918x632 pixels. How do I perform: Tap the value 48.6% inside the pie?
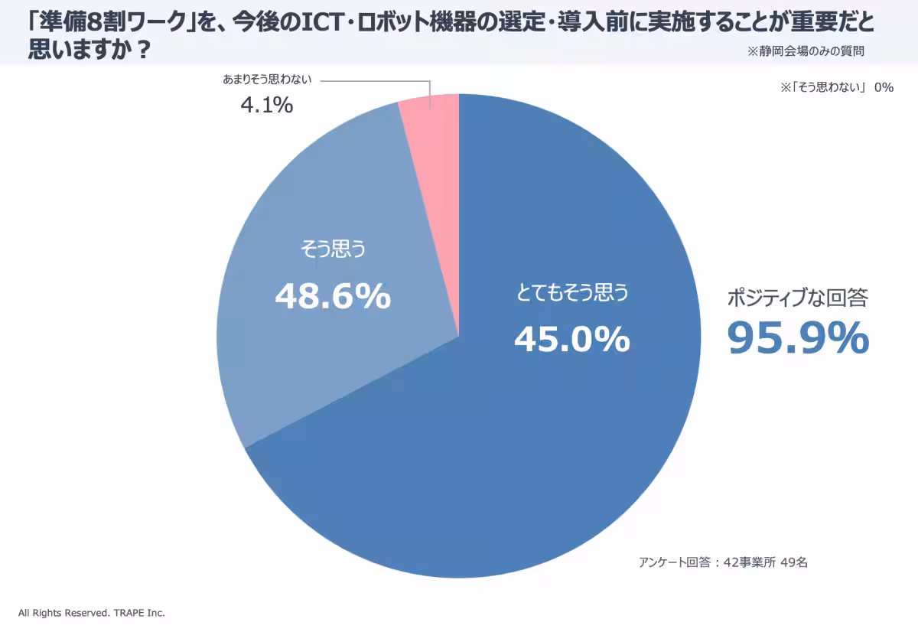tap(333, 296)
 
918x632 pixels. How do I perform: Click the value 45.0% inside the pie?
tap(571, 339)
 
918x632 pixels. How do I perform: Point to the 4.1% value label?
tap(266, 106)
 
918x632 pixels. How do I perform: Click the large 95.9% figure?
tap(797, 337)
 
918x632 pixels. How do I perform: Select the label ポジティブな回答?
tap(797, 298)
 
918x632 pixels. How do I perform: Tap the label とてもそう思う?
tap(572, 292)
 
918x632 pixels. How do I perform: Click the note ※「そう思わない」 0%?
tap(837, 87)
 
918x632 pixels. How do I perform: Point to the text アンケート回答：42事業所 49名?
tap(723, 562)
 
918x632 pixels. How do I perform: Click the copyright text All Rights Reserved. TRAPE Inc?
tap(92, 613)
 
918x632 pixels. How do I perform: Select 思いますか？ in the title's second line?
tap(88, 51)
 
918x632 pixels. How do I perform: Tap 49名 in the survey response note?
tap(793, 562)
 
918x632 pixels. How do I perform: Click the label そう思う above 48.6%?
tap(333, 250)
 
